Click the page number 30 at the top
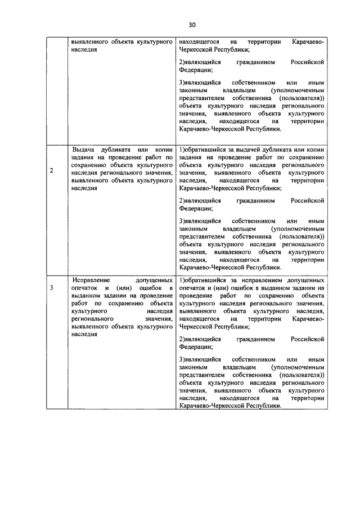(191, 25)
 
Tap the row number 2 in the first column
(51, 171)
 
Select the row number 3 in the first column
(51, 288)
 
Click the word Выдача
(84, 150)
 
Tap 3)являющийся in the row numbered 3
(200, 358)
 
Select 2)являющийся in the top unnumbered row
(200, 61)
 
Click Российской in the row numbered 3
(308, 340)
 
